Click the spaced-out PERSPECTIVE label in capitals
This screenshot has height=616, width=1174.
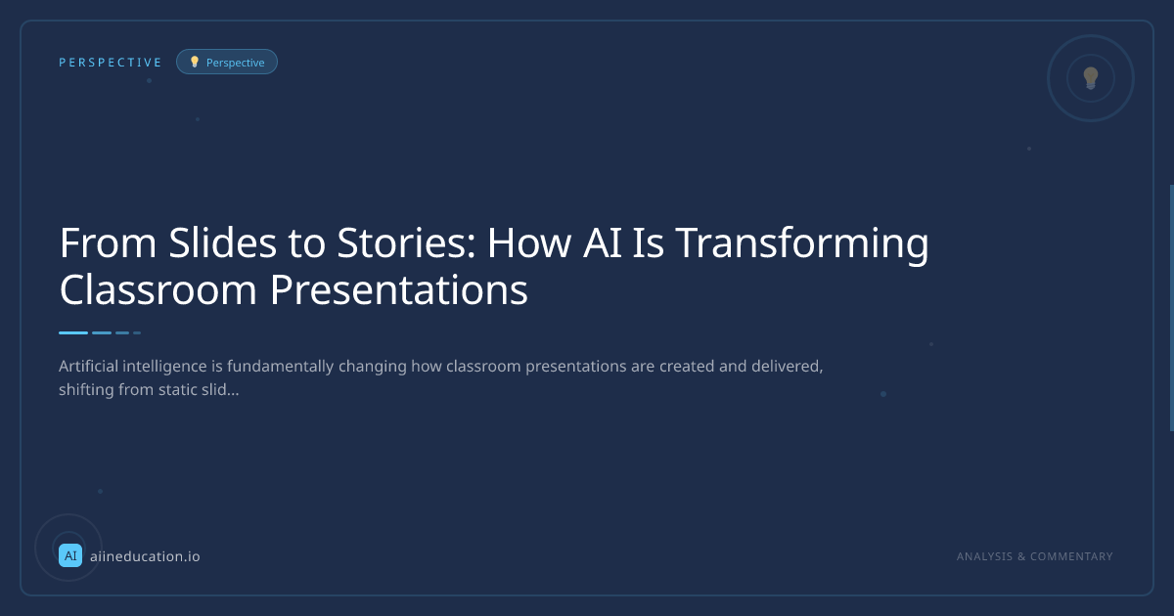tap(110, 63)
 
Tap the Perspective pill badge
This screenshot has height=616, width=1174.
tap(227, 62)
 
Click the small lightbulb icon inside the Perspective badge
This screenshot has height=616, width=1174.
tap(195, 62)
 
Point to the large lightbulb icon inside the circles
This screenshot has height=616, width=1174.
tap(1091, 78)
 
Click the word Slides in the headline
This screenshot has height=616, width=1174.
tap(222, 242)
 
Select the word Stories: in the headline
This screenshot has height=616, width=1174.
tap(406, 243)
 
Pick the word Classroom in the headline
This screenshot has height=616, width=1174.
tap(158, 289)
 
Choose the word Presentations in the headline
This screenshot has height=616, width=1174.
tap(399, 290)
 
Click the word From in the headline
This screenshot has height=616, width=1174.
tap(108, 243)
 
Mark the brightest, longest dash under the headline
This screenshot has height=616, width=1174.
tap(73, 332)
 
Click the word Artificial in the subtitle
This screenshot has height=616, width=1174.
tap(89, 366)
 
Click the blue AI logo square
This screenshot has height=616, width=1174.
tap(70, 555)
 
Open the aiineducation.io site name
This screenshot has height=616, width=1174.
tap(145, 556)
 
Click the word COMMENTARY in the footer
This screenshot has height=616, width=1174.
tap(1071, 556)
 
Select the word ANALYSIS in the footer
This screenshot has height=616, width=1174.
tap(985, 556)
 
